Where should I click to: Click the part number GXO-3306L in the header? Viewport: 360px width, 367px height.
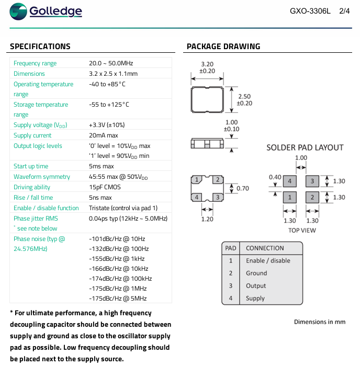click(x=310, y=11)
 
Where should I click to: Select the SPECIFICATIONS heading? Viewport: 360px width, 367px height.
click(x=40, y=47)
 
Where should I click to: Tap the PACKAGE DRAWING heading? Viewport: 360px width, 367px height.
click(x=223, y=47)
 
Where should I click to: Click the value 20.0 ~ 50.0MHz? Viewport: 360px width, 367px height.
click(x=111, y=63)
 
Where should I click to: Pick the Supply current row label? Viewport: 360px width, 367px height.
click(x=32, y=135)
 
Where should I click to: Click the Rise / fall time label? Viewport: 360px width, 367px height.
click(x=33, y=198)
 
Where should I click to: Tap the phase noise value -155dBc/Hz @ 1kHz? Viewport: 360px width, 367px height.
click(x=117, y=259)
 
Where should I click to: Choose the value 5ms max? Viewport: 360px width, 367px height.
click(x=102, y=166)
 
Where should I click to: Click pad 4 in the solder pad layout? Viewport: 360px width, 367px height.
click(x=290, y=181)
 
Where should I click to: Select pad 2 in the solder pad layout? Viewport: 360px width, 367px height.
click(x=312, y=197)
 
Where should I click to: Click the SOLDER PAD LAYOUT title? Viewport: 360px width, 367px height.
click(x=305, y=147)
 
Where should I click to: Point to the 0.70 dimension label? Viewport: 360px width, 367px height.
click(x=243, y=188)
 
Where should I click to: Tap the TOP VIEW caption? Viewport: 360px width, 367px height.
click(x=302, y=230)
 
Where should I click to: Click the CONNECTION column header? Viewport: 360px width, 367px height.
click(x=265, y=248)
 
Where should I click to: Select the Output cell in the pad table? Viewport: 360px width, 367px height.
click(x=256, y=286)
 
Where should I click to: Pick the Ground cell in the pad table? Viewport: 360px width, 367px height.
click(x=256, y=273)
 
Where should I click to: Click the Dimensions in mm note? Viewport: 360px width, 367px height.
click(x=320, y=322)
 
